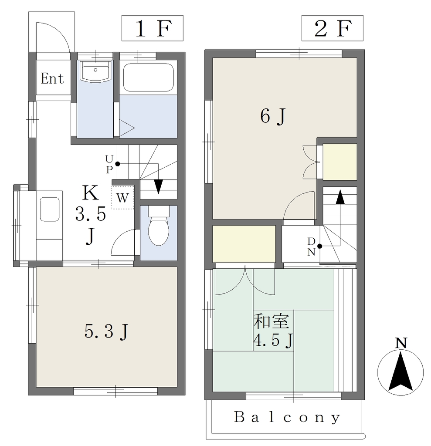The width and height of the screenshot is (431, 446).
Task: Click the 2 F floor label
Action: pos(332,28)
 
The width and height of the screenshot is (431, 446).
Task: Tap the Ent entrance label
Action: pos(52,78)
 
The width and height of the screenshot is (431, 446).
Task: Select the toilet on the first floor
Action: pos(159,226)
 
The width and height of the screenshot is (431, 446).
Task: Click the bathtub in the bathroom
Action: pos(148,78)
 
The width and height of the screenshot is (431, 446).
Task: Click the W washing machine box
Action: pos(122,197)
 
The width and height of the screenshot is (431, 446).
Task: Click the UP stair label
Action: pos(109,164)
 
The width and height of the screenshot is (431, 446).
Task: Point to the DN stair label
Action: pos(311,247)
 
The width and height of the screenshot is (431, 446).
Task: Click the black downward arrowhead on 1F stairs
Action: pos(158,187)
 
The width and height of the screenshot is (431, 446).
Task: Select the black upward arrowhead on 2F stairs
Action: pos(340,197)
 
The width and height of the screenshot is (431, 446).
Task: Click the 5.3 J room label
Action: pos(107,331)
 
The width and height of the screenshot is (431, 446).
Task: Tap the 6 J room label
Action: pos(273,116)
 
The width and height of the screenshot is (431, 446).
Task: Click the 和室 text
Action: pos(271,321)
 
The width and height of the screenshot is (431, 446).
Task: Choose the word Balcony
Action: pos(287,418)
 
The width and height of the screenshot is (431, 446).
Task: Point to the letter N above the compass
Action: pos(401,343)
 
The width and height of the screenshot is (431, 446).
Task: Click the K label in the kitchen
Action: pos(91,193)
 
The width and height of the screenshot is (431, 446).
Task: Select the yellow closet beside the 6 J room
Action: pos(339,162)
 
